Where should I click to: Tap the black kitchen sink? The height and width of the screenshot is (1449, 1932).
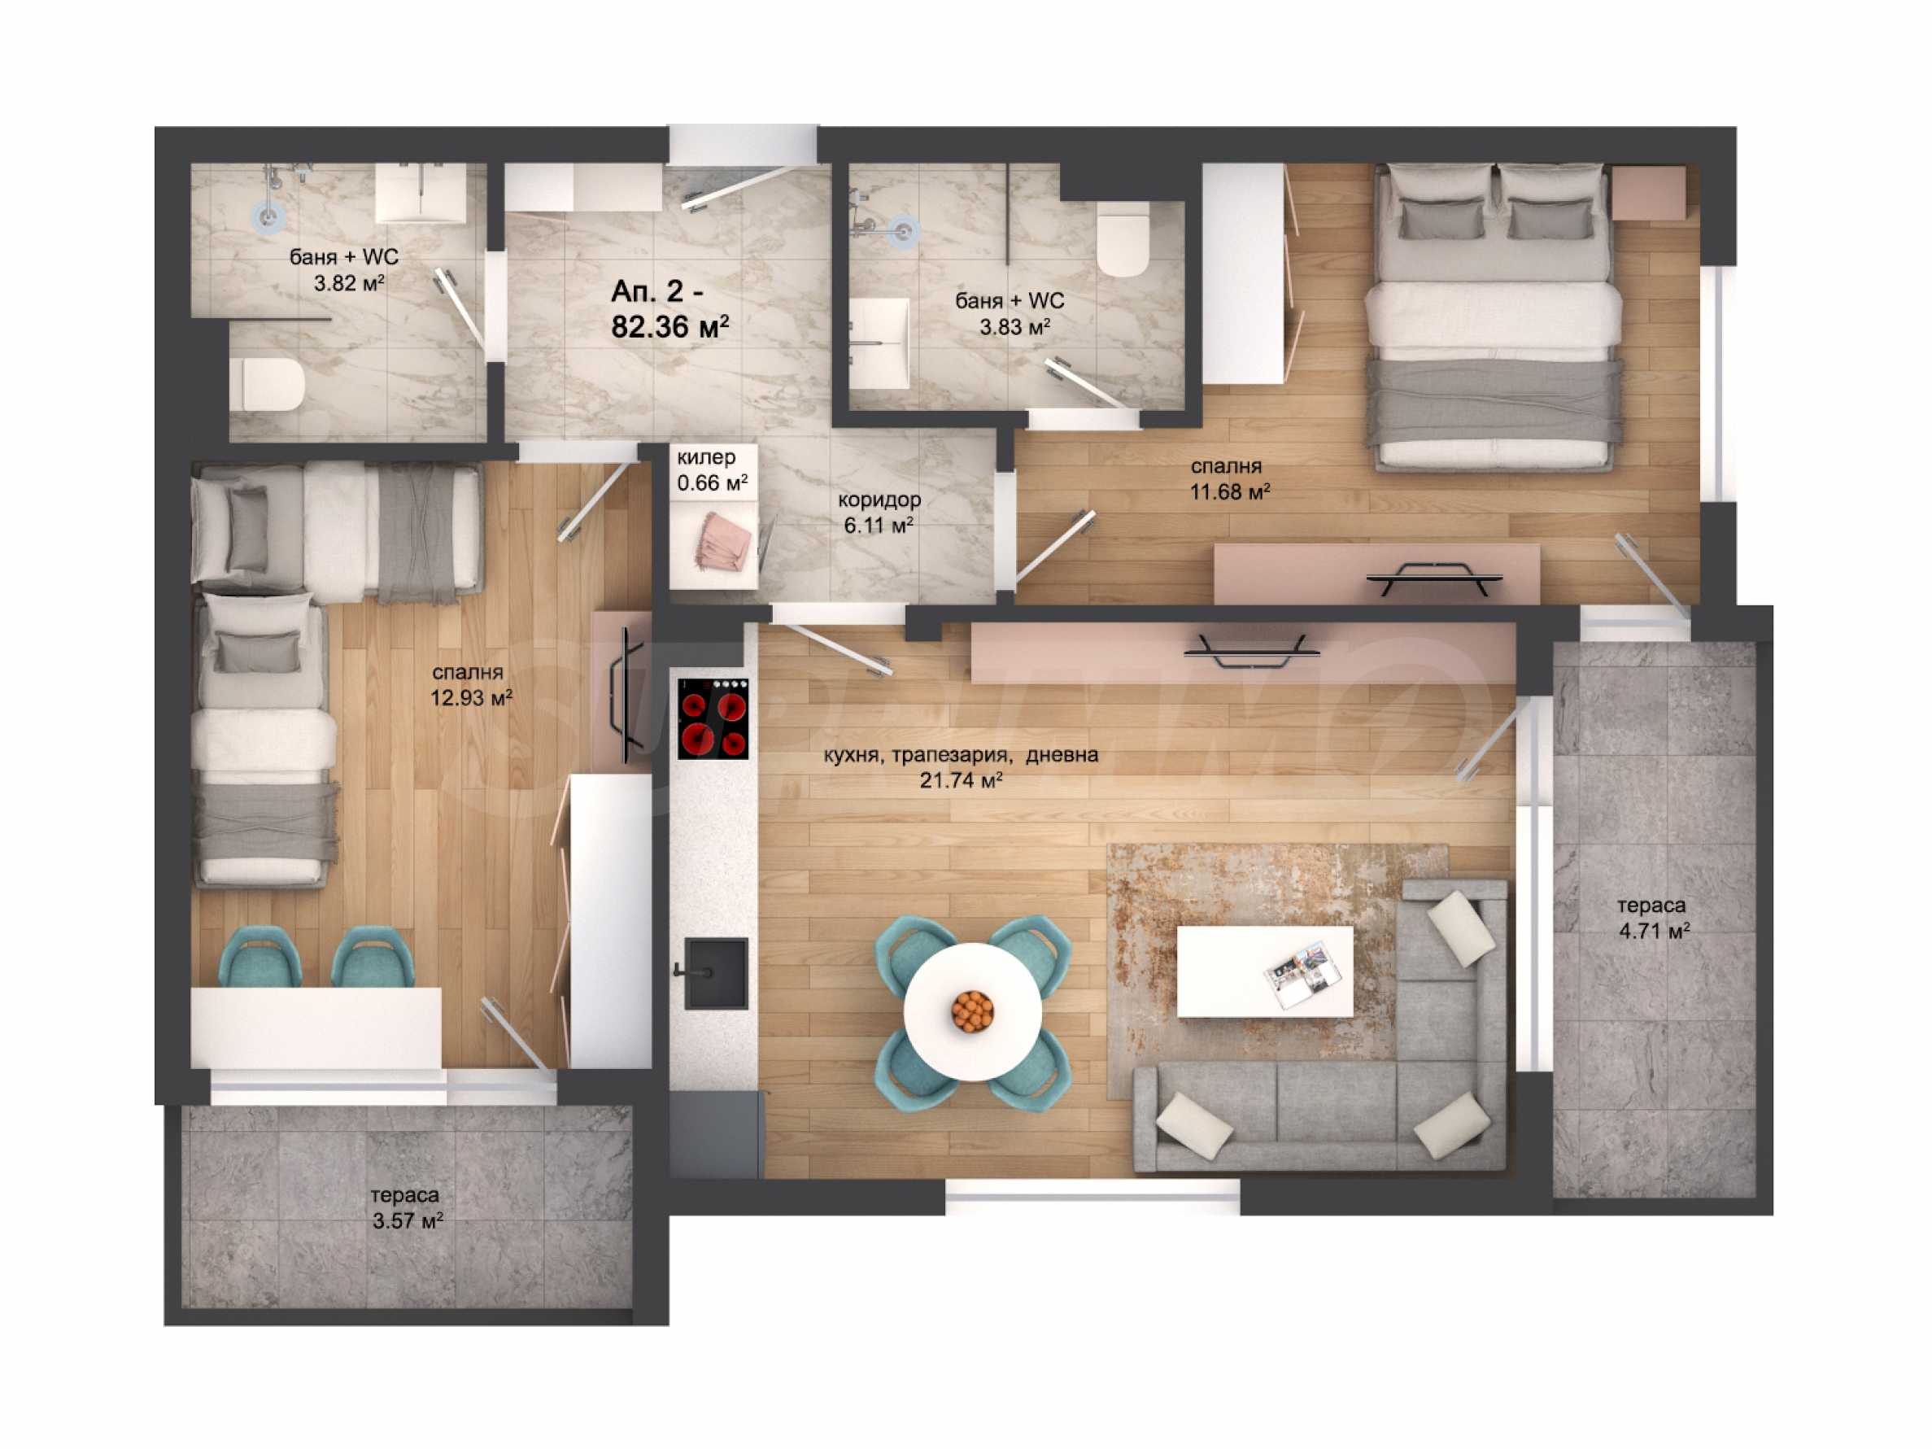pos(715,972)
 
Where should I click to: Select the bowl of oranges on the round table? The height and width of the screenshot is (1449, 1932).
pos(972,1011)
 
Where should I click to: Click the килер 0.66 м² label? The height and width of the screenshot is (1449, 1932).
pos(712,470)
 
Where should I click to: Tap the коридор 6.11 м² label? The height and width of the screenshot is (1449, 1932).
pos(879,513)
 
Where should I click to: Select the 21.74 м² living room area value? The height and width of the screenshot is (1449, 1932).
pos(961,780)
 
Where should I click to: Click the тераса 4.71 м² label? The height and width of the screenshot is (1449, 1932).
pos(1653,918)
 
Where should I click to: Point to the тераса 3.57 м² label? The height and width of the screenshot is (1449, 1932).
pos(406,1208)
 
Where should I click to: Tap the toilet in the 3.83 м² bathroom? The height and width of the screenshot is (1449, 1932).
pos(1123,239)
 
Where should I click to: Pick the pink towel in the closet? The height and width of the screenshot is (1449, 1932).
pos(724,541)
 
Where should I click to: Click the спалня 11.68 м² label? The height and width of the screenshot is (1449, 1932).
pos(1230,479)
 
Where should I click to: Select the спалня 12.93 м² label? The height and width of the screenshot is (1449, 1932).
pos(471,685)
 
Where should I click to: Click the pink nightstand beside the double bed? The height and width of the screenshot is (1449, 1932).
pos(1648,193)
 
